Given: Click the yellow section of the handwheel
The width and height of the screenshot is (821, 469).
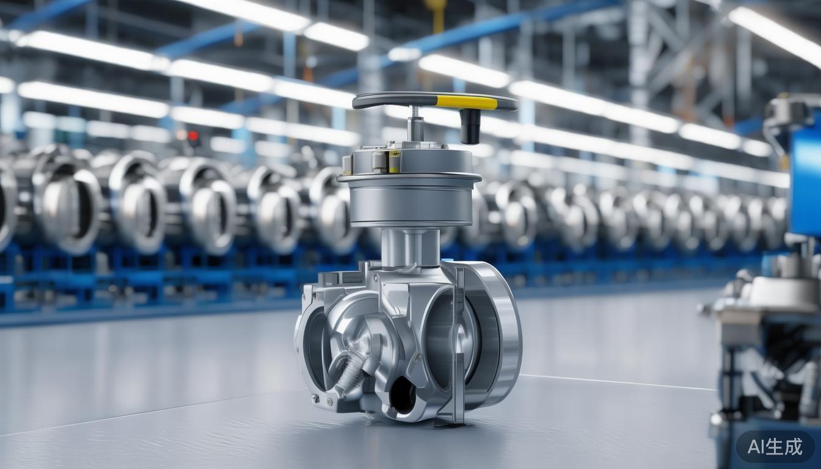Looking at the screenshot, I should click(467, 102).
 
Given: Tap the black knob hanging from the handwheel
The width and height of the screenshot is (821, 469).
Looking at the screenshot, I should click(470, 126).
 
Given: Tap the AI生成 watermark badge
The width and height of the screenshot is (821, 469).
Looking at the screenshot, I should click(775, 447).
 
